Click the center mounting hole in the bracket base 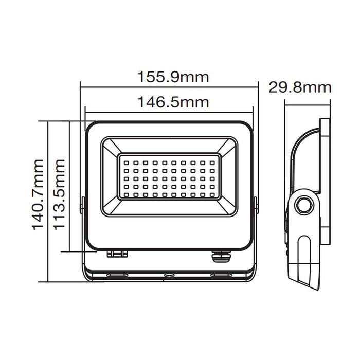(x=168, y=276)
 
